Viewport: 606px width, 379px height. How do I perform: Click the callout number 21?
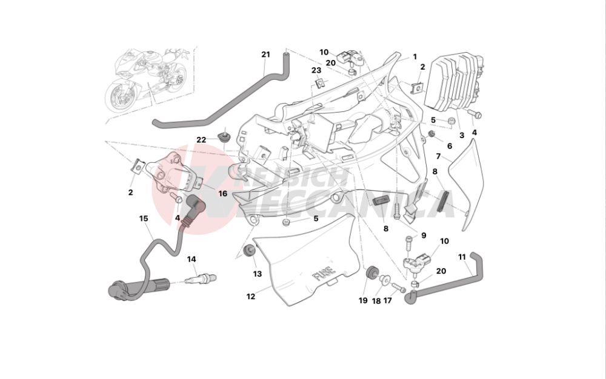pyautogui.click(x=265, y=54)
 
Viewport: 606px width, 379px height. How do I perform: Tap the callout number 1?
pyautogui.click(x=415, y=57)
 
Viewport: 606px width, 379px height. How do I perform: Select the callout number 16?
pyautogui.click(x=222, y=193)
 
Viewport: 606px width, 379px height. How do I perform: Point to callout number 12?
pyautogui.click(x=250, y=297)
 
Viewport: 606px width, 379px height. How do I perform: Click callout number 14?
pyautogui.click(x=191, y=259)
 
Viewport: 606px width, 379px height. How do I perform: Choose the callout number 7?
pyautogui.click(x=438, y=157)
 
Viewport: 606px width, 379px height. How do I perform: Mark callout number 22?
pyautogui.click(x=201, y=140)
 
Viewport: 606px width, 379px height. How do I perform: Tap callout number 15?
pyautogui.click(x=144, y=218)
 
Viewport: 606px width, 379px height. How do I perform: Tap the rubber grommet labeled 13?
pyautogui.click(x=248, y=251)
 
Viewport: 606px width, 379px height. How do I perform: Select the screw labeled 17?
pyautogui.click(x=398, y=286)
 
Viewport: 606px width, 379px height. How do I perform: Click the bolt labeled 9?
pyautogui.click(x=409, y=244)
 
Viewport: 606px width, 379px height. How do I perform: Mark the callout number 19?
pyautogui.click(x=363, y=300)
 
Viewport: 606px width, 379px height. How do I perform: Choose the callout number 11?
pyautogui.click(x=462, y=257)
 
